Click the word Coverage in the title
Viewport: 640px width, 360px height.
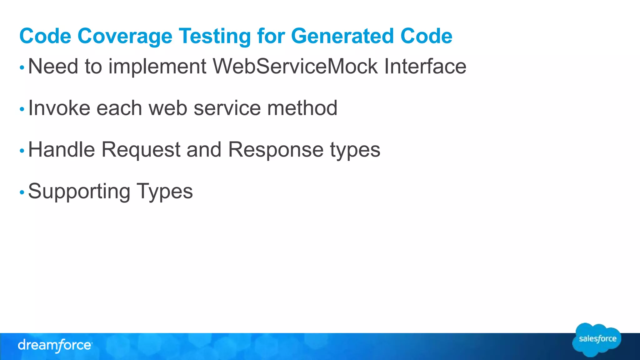(125, 36)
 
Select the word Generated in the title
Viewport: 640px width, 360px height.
(342, 36)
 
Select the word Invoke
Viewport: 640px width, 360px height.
(58, 108)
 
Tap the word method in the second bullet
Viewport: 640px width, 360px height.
(302, 108)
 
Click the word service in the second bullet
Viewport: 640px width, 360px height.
(227, 108)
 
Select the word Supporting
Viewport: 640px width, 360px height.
(79, 191)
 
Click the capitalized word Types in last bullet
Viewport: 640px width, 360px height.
(165, 191)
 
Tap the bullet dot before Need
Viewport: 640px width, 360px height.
(22, 67)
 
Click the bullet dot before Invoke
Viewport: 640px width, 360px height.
(22, 109)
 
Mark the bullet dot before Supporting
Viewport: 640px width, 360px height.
(22, 192)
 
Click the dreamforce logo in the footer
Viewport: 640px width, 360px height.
(55, 346)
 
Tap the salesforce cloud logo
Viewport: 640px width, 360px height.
(597, 340)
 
